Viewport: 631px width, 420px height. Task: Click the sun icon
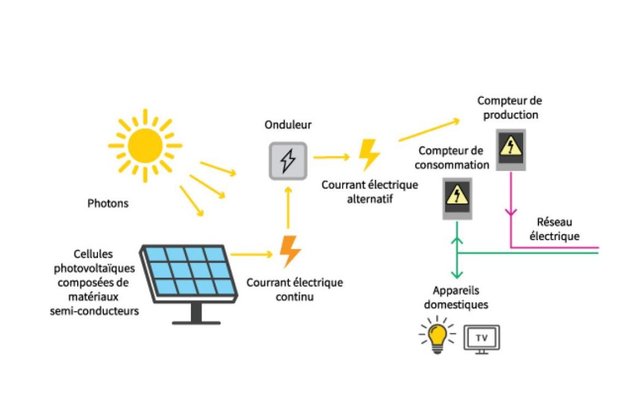coord(145,145)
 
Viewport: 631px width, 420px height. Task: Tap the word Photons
coord(108,203)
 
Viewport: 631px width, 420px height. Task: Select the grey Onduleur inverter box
coord(288,161)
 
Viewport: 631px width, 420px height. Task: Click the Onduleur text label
coord(288,125)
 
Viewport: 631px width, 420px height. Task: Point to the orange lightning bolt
coord(290,252)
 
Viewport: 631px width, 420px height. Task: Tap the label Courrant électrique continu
coord(295,289)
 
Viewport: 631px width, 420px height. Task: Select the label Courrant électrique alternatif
coord(370,192)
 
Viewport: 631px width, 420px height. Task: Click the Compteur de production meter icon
coord(511,150)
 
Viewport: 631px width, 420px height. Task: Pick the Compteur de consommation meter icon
coord(457,199)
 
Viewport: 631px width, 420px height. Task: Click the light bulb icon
coord(438,336)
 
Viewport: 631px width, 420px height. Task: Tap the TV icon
coord(482,339)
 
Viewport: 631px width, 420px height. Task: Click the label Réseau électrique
coord(555,229)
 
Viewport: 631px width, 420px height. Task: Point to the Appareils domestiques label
coord(456,297)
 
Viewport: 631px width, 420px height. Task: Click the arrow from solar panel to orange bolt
coord(252,254)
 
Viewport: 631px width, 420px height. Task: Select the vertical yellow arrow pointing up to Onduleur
coord(288,208)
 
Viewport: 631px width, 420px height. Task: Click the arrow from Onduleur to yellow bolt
coord(332,157)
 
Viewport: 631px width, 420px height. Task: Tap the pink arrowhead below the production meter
coord(511,212)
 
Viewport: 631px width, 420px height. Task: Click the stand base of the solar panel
coord(197,322)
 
